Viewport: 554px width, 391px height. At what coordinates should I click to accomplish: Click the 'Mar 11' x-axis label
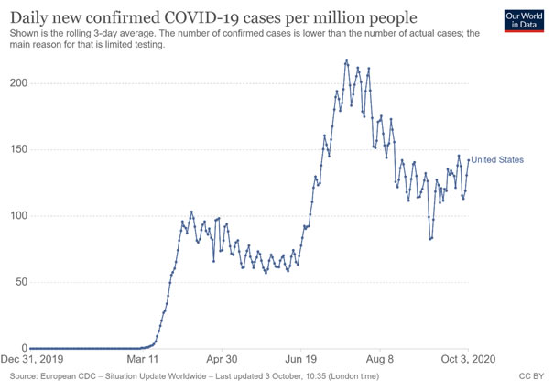(x=143, y=361)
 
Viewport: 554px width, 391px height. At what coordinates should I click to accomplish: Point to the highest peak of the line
(x=346, y=60)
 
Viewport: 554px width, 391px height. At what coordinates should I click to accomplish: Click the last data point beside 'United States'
(x=469, y=160)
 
